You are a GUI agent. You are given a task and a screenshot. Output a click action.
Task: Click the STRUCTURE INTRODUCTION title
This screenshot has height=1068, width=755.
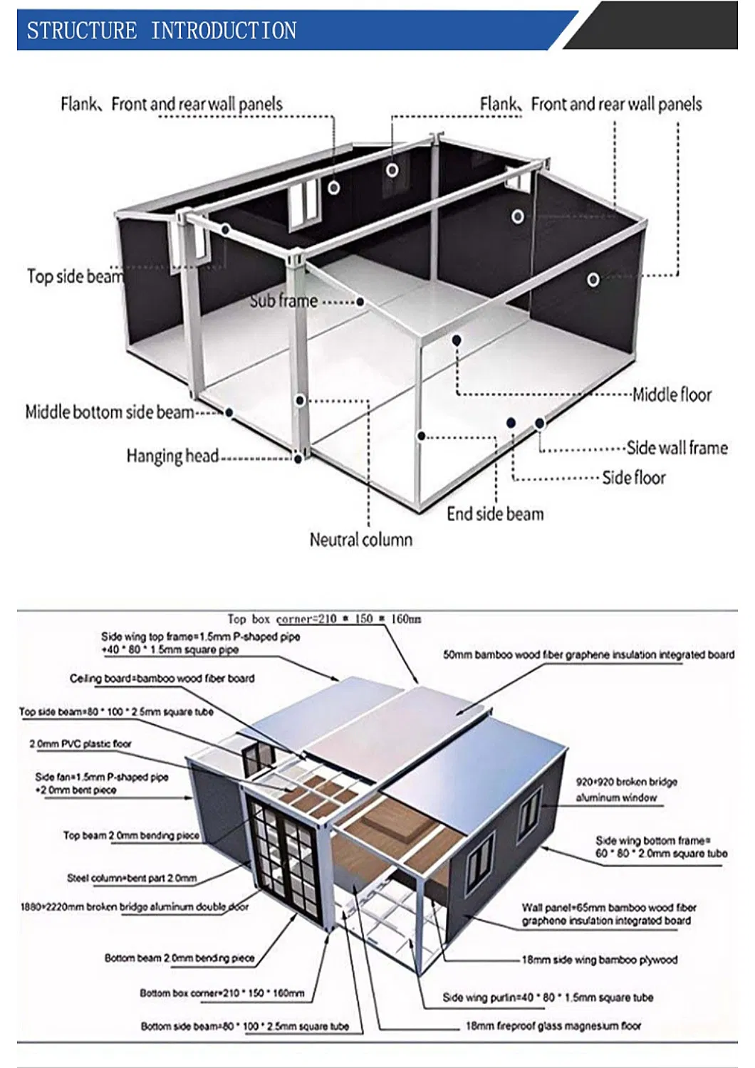[162, 31]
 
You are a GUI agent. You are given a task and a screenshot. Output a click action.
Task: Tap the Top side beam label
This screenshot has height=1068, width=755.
[75, 276]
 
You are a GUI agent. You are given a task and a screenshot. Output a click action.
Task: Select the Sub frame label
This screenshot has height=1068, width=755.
[283, 300]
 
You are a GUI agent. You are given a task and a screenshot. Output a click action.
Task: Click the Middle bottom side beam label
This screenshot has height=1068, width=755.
[110, 412]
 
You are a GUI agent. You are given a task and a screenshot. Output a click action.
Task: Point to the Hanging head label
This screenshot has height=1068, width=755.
[172, 456]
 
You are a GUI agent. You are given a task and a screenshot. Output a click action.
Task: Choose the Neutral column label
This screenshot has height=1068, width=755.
[360, 540]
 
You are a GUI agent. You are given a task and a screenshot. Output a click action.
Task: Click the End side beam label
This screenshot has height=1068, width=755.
[495, 514]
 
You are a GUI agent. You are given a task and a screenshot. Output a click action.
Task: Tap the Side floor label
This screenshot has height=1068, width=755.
[634, 478]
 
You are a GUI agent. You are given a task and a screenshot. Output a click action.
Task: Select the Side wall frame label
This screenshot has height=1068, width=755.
[677, 448]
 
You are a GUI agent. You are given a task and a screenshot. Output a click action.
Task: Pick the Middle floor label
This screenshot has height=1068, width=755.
[672, 394]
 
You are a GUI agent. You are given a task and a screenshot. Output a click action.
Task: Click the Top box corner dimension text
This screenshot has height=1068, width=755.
[324, 619]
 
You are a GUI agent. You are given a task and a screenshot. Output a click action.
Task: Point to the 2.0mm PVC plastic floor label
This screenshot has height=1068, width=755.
[80, 743]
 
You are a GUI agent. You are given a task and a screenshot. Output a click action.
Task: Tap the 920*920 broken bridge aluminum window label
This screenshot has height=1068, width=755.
[626, 790]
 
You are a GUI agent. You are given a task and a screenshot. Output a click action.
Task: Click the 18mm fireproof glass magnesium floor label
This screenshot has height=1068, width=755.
[553, 1025]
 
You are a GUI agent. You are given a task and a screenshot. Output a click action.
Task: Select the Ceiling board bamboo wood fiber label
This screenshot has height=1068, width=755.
[162, 678]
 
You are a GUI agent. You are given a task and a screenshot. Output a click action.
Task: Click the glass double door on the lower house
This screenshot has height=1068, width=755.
[283, 852]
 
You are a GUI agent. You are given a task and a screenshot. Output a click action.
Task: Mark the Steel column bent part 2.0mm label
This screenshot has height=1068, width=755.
[132, 878]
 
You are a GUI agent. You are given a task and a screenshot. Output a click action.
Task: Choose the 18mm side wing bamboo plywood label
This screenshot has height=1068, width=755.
[599, 959]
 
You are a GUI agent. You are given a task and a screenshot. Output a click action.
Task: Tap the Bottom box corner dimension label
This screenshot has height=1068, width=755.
[222, 993]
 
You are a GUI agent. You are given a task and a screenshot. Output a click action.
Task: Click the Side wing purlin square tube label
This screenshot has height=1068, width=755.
[548, 997]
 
